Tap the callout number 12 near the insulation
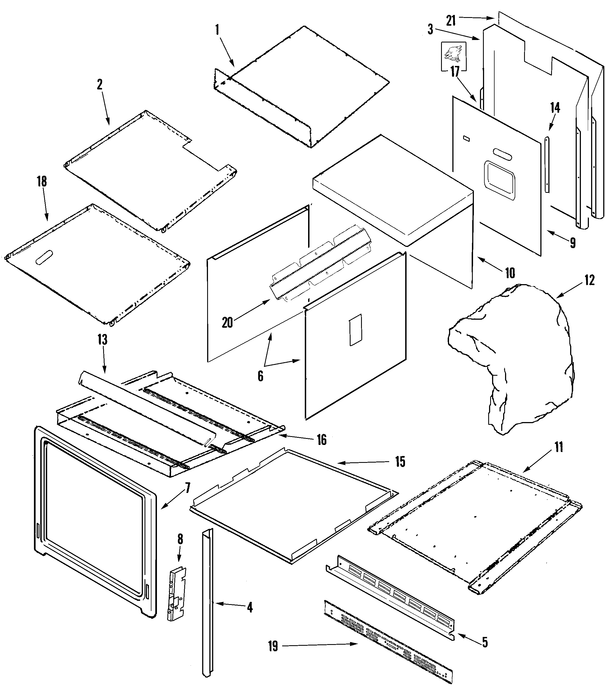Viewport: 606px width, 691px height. click(589, 280)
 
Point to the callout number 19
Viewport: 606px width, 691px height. click(273, 646)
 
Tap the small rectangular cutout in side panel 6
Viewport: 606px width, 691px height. click(356, 330)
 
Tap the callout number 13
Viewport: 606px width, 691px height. click(102, 339)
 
